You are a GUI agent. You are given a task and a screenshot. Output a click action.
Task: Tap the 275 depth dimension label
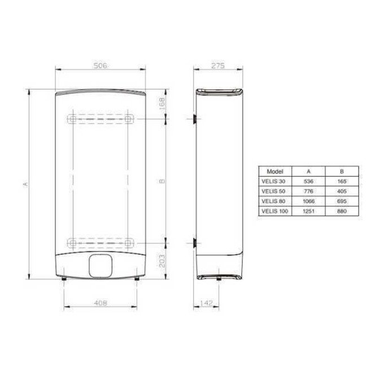pyautogui.click(x=218, y=66)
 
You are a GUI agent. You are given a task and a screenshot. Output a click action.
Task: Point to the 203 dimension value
pyautogui.click(x=163, y=259)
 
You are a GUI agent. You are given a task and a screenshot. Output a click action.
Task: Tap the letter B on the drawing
pyautogui.click(x=163, y=181)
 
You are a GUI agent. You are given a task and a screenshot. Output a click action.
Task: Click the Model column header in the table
pyautogui.click(x=273, y=171)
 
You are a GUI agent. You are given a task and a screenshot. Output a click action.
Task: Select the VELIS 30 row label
pyautogui.click(x=273, y=181)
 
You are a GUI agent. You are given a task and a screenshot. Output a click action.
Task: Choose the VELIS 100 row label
pyautogui.click(x=273, y=211)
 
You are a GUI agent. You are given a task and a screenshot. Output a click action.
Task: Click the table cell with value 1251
pyautogui.click(x=309, y=211)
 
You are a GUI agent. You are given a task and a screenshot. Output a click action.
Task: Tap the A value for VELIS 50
pyautogui.click(x=309, y=191)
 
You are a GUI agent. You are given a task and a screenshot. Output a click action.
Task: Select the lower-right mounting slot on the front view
pyautogui.click(x=129, y=243)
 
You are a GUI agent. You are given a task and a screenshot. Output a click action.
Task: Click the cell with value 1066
pyautogui.click(x=309, y=201)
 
